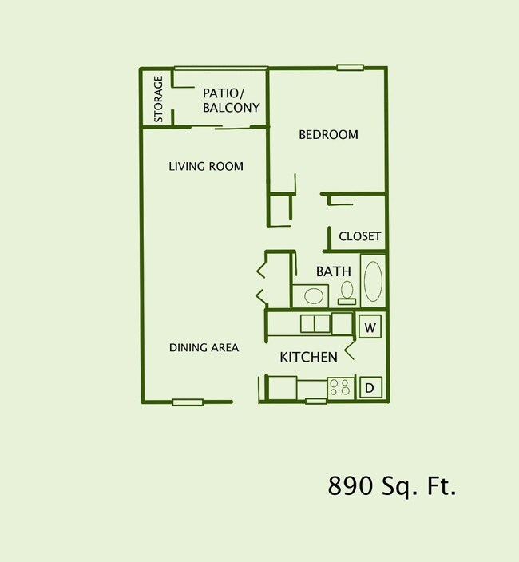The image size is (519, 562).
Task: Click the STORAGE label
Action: coord(158,99)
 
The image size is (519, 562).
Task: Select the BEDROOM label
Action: coord(328,134)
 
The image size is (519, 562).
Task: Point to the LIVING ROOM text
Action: coord(206,166)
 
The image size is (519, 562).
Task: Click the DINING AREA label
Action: coord(204,347)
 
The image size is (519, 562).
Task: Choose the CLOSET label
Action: coord(359,236)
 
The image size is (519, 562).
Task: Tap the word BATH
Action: coord(334,271)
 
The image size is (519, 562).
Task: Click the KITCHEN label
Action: coord(308,357)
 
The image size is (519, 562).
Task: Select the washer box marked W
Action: coord(370,327)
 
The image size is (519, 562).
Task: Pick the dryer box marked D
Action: coord(370,388)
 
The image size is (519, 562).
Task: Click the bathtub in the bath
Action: coord(373,280)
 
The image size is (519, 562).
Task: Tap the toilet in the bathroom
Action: coord(347,293)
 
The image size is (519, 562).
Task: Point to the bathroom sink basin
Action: coord(313,296)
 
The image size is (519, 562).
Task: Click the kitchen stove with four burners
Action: coord(339,388)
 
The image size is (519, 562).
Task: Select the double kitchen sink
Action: coord(315,323)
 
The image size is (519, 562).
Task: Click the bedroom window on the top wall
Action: coord(350,68)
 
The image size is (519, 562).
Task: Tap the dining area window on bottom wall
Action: coord(188,402)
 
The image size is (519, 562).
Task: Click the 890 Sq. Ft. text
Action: coord(391,485)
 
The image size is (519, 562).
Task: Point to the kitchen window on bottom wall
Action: coord(315,401)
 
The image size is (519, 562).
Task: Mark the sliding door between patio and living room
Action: coord(219,126)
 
